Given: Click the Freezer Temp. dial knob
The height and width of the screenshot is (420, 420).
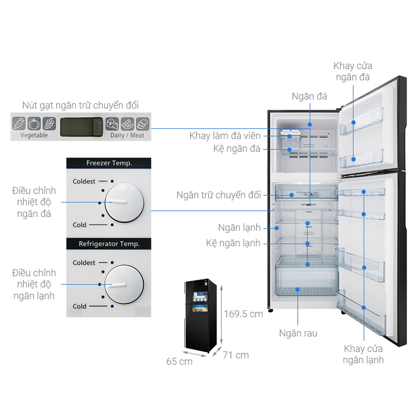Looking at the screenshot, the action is pos(124,203).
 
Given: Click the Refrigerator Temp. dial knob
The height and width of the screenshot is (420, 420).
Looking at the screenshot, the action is pos(124,284).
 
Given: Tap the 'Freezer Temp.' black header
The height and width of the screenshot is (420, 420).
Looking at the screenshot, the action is pos(109,163).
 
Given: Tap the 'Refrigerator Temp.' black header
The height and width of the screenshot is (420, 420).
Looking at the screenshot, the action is pos(109,244).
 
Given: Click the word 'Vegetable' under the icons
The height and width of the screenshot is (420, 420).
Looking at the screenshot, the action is pos(34,135).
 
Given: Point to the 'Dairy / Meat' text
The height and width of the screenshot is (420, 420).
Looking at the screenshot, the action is pos(127,135).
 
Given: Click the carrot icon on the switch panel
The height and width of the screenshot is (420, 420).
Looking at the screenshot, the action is pos(19,123).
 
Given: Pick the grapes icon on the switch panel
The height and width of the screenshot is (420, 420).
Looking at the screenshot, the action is pos(49,123).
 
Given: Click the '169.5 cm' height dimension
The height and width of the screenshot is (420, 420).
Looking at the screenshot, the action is pos(243,314).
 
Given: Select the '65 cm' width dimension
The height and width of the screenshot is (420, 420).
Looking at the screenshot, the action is pos(179,361).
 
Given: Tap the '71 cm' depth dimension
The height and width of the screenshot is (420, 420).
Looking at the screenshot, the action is pos(236,355).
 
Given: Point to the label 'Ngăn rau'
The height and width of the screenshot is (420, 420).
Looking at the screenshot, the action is pos(298,333).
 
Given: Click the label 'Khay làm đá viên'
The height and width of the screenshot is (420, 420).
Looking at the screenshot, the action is pos(225,136).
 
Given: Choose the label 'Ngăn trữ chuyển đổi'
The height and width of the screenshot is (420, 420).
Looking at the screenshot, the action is pos(219,195).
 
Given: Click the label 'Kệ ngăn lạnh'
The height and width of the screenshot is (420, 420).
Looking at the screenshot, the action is pos(234,243).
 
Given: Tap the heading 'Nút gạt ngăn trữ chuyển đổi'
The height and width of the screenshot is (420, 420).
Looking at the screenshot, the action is pos(80,105).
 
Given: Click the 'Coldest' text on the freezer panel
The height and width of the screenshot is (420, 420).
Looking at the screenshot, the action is pos(84,181).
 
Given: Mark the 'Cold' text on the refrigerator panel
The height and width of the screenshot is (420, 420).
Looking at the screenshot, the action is pos(79,306).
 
